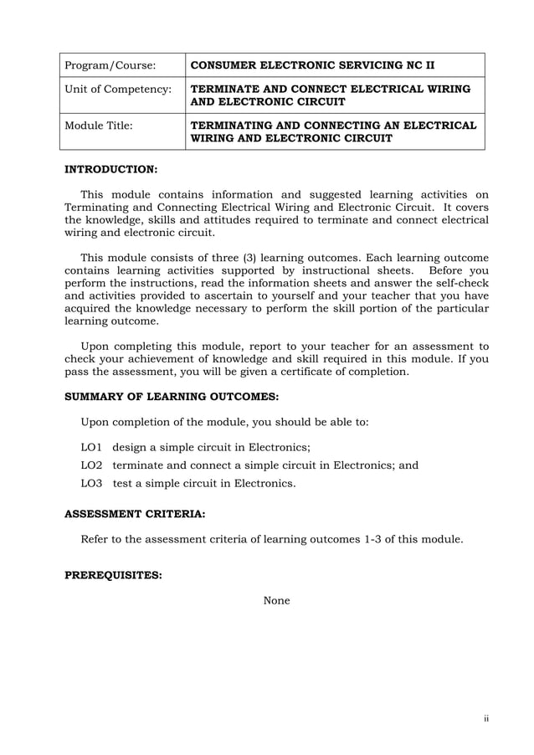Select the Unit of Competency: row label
point(118,89)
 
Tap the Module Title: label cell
point(99,126)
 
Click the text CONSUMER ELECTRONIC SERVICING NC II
point(311,65)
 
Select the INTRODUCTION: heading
point(110,168)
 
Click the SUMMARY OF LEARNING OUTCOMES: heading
point(172,396)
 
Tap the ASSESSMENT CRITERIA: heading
point(135,516)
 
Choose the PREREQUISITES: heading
point(113,576)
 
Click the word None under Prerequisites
point(276,600)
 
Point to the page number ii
point(485,718)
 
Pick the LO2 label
point(91,465)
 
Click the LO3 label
point(91,483)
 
